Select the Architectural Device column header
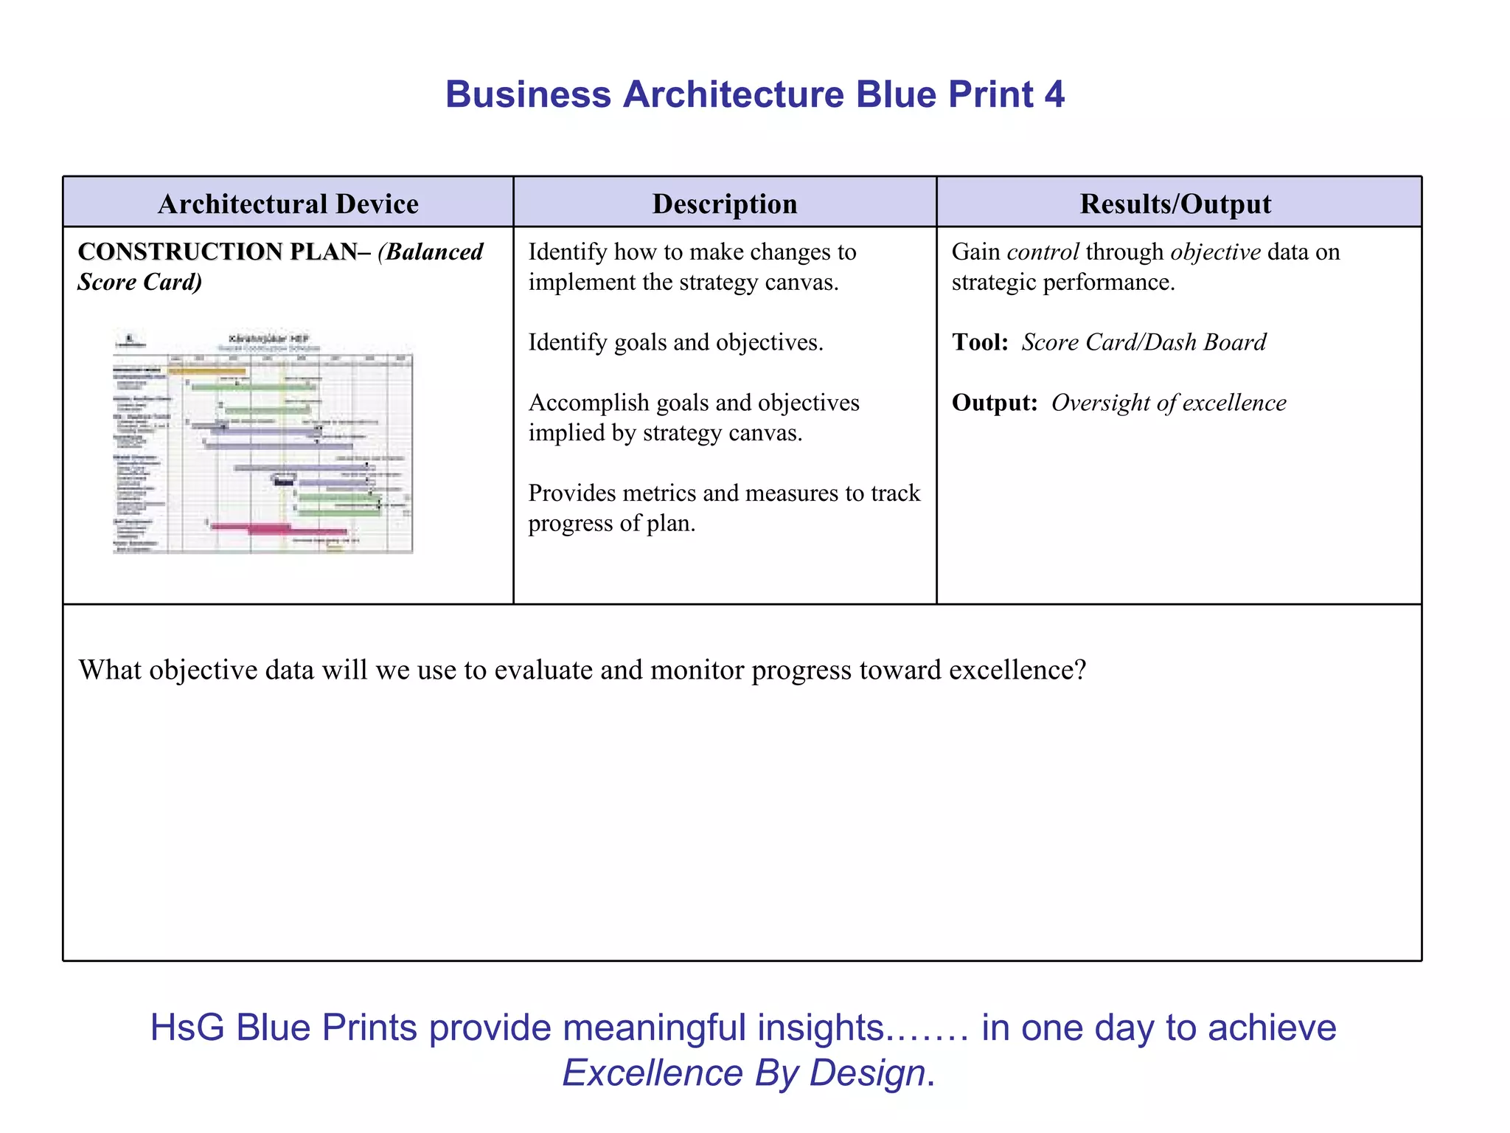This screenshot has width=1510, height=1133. coord(288,204)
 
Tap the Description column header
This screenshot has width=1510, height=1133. coord(724,204)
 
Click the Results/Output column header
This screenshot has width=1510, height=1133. coord(1175,204)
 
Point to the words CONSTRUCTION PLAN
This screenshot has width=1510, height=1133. coord(218,252)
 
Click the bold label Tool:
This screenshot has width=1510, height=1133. coord(980,342)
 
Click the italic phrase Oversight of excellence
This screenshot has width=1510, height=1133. coord(1169,403)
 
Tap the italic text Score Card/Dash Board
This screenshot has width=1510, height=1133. coord(1144,342)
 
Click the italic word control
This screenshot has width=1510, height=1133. coord(1043,252)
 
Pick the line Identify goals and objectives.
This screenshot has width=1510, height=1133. coord(675,342)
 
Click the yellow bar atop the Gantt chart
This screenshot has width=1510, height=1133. coord(206,371)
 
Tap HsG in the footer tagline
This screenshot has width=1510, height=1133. coord(187,1028)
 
